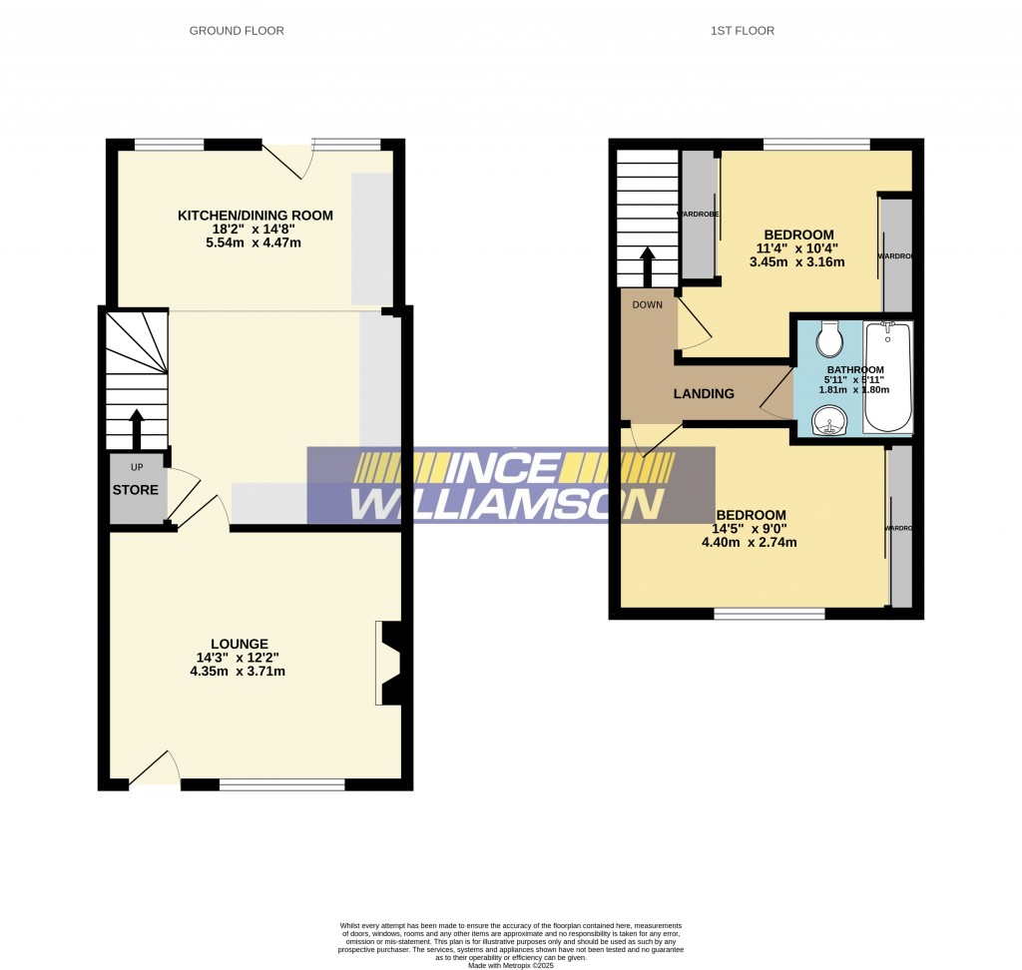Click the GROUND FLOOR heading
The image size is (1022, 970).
(237, 31)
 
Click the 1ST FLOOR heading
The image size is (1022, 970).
(742, 31)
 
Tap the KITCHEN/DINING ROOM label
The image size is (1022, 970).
(255, 216)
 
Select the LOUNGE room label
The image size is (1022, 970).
(239, 644)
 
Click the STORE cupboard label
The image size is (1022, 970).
(135, 490)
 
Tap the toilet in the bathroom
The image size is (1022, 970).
(829, 340)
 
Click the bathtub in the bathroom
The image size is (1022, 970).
(887, 376)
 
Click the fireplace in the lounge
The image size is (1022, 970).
(389, 663)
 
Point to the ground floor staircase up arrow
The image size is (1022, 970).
(136, 429)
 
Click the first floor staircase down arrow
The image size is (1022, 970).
(647, 266)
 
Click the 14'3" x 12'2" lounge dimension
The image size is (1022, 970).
(239, 658)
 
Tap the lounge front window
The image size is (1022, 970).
(281, 785)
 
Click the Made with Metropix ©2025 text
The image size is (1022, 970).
(510, 964)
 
